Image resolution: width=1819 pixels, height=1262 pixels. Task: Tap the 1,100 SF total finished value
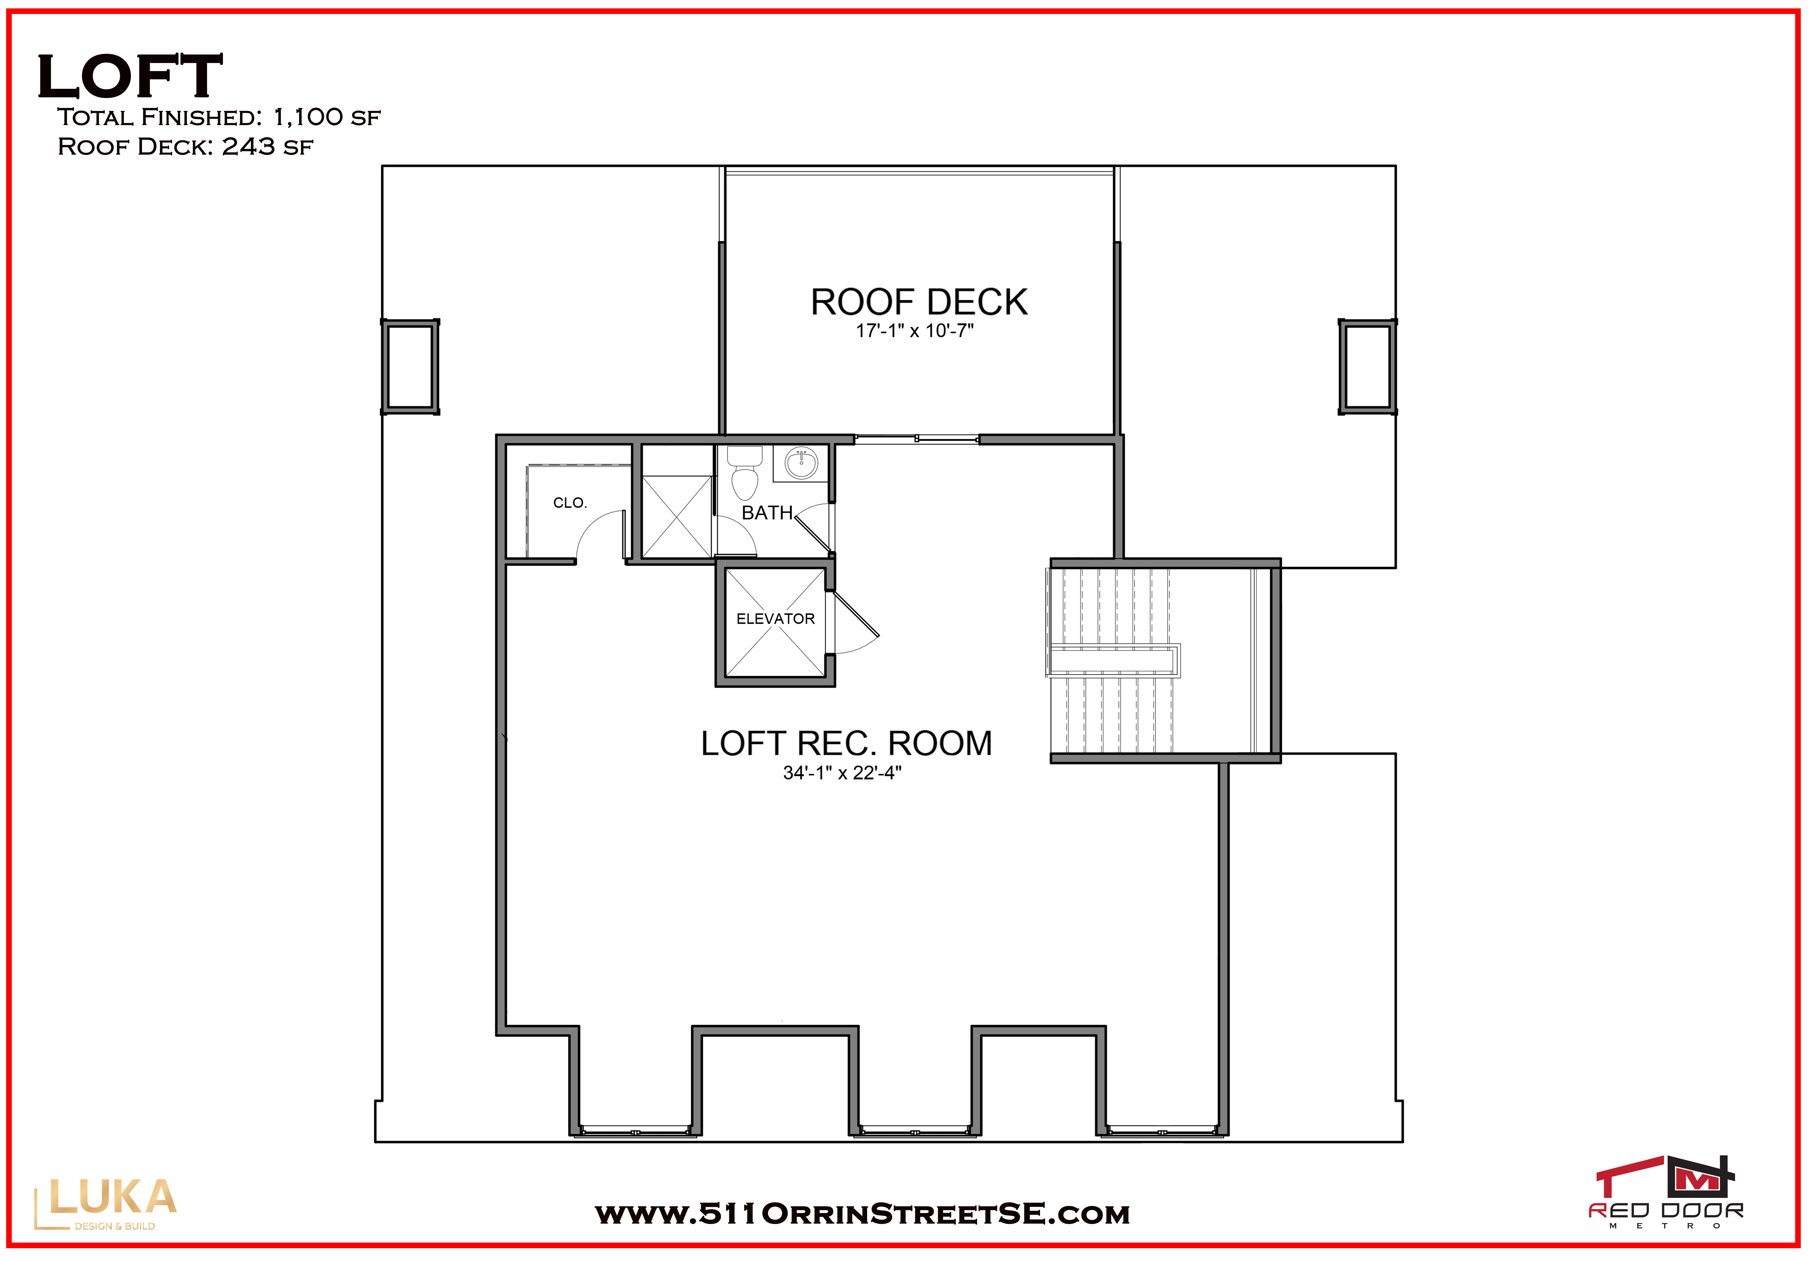[x=327, y=117]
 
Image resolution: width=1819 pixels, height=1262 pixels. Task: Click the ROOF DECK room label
[x=919, y=302]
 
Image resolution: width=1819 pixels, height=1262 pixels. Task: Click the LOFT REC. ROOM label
[x=846, y=743]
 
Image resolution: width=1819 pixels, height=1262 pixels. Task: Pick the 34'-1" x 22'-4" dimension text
[x=842, y=773]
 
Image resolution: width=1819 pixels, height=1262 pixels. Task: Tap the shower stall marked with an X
[x=677, y=517]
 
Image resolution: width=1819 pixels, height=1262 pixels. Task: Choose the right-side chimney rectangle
[x=1367, y=367]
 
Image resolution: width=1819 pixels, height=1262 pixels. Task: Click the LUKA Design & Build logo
[x=105, y=1203]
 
